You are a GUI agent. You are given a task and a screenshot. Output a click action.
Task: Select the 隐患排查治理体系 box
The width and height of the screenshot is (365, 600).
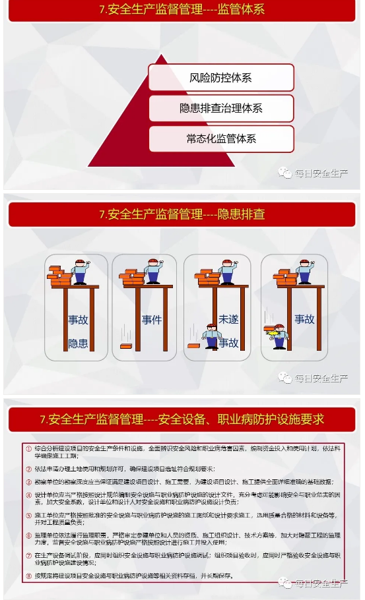tap(220, 108)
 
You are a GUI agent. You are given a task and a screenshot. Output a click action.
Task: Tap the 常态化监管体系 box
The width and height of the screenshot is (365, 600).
tap(220, 138)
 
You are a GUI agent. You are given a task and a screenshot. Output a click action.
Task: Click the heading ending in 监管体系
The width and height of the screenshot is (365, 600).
tap(182, 10)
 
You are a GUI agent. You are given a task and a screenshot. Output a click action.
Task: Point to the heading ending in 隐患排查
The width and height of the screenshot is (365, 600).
tap(182, 214)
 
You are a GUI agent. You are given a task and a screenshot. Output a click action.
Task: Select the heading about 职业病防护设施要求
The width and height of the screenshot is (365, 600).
tap(182, 419)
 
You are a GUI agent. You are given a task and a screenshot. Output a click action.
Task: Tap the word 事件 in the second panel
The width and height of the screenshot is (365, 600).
tap(152, 320)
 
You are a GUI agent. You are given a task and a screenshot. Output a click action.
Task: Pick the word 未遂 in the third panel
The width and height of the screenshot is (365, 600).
tap(228, 319)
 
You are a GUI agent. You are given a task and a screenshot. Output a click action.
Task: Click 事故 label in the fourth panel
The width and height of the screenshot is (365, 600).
tap(304, 319)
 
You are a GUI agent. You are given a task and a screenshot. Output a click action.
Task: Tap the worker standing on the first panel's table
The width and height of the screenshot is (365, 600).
tap(80, 271)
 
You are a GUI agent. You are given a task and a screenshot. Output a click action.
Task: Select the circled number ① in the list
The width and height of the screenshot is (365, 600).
tap(28, 448)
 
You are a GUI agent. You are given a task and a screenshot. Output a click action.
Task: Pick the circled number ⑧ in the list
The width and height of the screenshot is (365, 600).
tap(28, 576)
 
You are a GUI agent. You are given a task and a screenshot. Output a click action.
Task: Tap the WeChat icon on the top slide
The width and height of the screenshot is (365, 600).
tap(284, 173)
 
